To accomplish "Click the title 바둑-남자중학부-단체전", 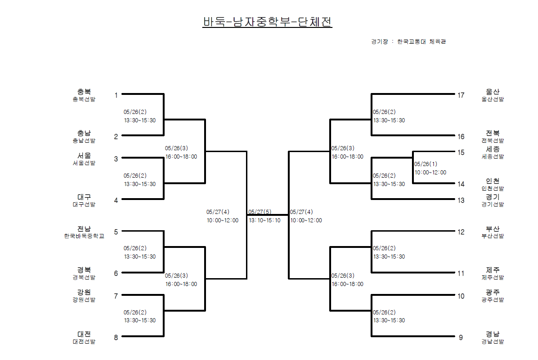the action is click(267, 22).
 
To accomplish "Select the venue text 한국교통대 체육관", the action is click(422, 41).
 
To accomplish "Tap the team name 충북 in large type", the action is click(84, 92).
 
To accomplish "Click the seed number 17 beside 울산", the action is click(461, 95).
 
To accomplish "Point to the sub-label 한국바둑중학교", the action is click(84, 236).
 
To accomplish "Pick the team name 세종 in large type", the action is click(493, 149).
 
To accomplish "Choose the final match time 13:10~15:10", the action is click(265, 220).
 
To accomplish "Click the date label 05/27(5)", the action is click(260, 212).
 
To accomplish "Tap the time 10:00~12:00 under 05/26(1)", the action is click(430, 172).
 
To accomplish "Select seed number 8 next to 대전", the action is click(116, 337).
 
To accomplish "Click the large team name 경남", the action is click(493, 334).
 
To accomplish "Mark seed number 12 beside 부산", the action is click(461, 232).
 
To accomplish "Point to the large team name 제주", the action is click(493, 270).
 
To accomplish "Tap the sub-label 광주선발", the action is click(493, 300).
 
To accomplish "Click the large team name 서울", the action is click(84, 155).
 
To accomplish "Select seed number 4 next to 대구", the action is click(116, 200).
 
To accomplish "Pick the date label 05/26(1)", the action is click(426, 164).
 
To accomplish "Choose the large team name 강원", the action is click(84, 292).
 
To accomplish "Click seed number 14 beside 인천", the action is click(461, 184).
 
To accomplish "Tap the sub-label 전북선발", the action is click(493, 140).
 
